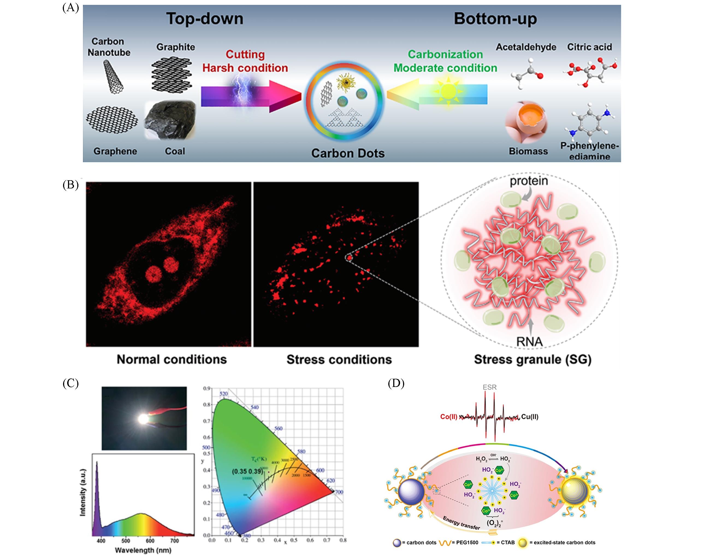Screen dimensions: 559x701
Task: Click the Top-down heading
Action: tap(205, 19)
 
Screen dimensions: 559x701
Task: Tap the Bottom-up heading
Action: tap(495, 19)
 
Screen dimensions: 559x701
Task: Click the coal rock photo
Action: tap(170, 122)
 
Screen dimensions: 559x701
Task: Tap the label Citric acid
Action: tap(590, 47)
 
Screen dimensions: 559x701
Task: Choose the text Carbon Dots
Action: tap(348, 153)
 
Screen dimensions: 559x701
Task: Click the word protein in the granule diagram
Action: tap(529, 181)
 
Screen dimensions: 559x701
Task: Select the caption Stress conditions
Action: tap(339, 359)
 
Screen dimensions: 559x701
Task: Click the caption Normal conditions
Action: tap(172, 359)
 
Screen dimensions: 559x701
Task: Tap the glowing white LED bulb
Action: tap(143, 419)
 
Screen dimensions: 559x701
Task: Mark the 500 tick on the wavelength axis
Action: tap(126, 540)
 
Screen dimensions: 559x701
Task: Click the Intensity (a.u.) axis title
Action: tap(83, 492)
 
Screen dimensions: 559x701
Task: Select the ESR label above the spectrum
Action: tap(490, 387)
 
